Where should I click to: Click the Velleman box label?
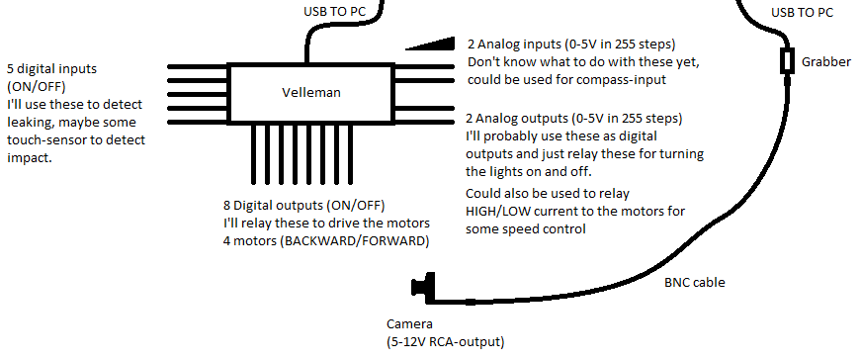(x=310, y=92)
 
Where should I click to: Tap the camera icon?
(x=423, y=287)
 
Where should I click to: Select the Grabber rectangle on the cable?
(x=789, y=61)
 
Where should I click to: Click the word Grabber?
(x=825, y=61)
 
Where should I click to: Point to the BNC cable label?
(x=695, y=283)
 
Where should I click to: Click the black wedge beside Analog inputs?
(x=431, y=44)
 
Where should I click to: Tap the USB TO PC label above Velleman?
(x=334, y=11)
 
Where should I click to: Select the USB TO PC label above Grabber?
(x=803, y=12)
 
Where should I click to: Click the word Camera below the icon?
(x=409, y=324)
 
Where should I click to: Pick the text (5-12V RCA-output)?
(x=445, y=342)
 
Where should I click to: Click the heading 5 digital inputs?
(x=51, y=69)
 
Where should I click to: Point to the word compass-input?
(x=622, y=80)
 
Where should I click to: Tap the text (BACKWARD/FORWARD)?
(x=355, y=241)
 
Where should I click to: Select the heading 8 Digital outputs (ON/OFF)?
(x=304, y=206)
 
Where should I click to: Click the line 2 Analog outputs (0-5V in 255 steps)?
(x=573, y=118)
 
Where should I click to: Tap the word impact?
(x=29, y=158)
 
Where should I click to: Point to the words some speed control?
(x=526, y=228)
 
